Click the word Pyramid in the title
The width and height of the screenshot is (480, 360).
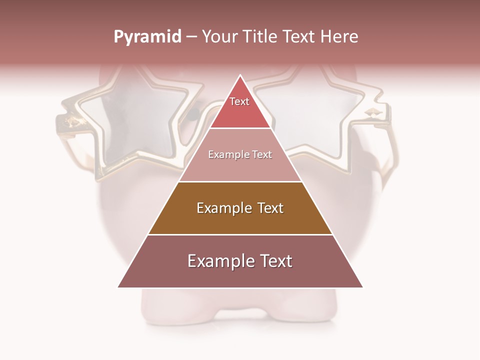coord(147,37)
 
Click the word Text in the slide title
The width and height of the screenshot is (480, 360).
coord(300,37)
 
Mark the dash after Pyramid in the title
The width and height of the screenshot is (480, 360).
coord(191,37)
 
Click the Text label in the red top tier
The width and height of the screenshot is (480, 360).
coord(239,101)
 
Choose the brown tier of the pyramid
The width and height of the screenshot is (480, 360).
coord(240,220)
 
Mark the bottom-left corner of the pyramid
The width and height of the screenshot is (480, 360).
coord(118,287)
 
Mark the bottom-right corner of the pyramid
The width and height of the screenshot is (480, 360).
coord(362,287)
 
